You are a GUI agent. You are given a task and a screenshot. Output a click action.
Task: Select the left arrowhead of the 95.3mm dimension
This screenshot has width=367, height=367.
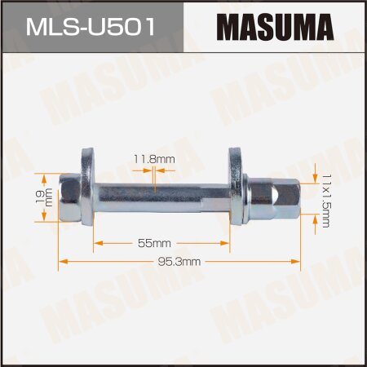63,262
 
